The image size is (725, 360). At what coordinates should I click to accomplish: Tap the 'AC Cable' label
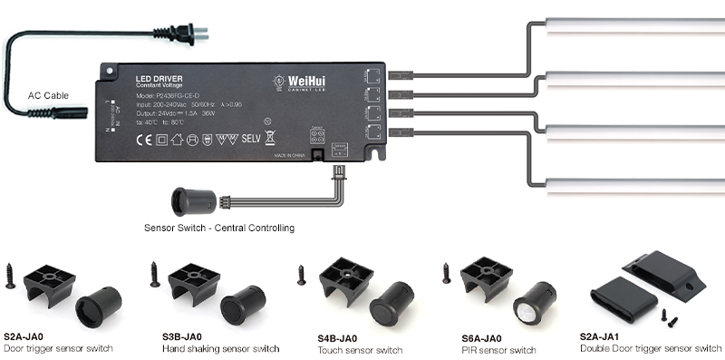click(48, 94)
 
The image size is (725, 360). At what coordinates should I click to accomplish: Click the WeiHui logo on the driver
click(307, 83)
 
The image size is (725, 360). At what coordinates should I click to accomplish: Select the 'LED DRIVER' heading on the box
click(160, 79)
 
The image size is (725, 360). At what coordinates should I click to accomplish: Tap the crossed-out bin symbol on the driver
click(269, 138)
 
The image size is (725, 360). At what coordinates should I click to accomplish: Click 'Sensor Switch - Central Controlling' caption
click(218, 227)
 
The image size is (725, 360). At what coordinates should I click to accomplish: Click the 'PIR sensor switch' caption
click(498, 350)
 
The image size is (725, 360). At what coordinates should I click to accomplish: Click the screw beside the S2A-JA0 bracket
click(11, 275)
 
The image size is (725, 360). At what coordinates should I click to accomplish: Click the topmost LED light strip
click(634, 24)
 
